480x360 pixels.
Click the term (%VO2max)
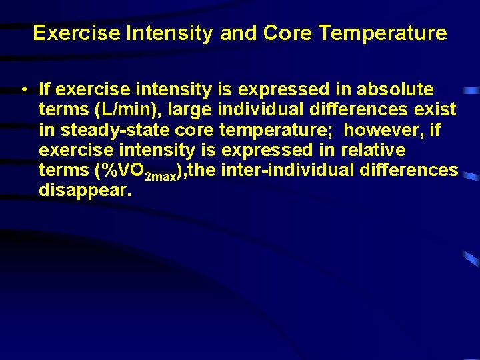tap(140, 171)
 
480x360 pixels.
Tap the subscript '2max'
tap(162, 175)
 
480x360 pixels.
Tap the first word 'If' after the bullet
tap(45, 89)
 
